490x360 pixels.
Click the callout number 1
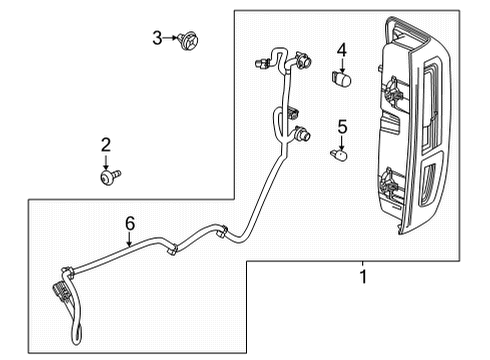click(363, 273)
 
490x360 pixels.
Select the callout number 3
click(157, 38)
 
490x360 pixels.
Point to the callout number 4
click(341, 49)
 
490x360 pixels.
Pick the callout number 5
click(341, 126)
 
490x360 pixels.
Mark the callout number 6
click(128, 227)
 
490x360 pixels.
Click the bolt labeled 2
click(106, 177)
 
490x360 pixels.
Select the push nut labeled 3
click(186, 40)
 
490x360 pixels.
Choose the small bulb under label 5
click(339, 153)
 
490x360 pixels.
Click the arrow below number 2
click(105, 160)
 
